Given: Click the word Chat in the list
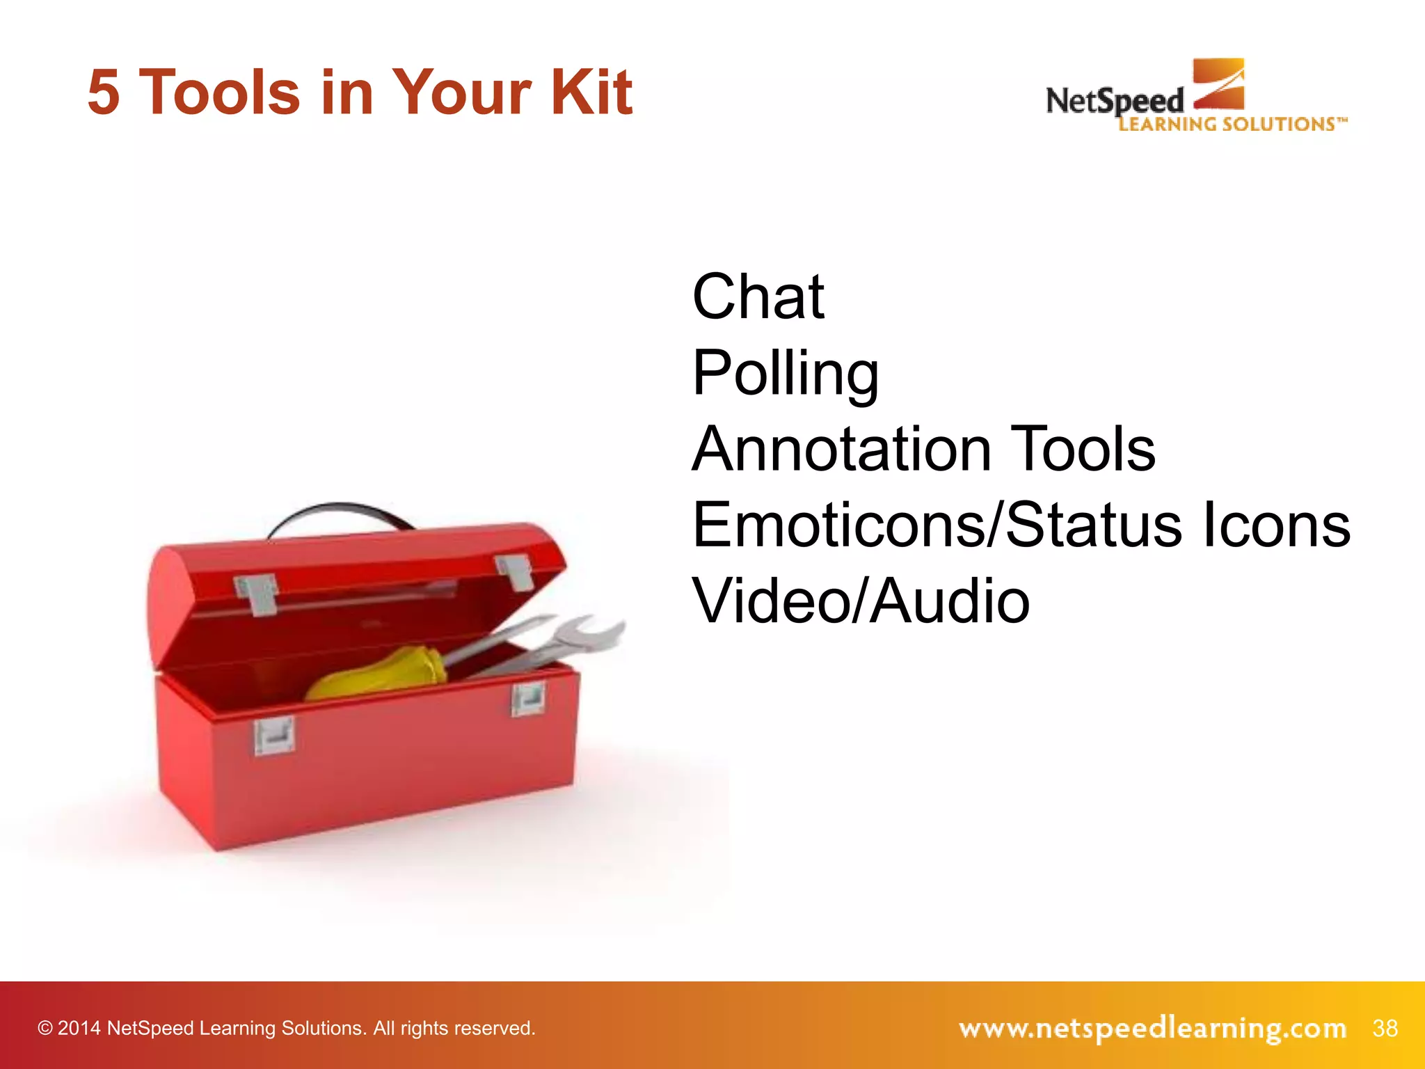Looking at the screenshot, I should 758,297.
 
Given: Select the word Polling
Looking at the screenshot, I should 786,374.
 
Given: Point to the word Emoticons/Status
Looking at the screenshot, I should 937,525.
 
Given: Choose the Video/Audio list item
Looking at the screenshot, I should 861,601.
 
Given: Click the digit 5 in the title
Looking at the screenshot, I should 104,93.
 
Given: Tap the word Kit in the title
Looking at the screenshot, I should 591,93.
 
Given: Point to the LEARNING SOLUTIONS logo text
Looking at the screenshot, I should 1232,125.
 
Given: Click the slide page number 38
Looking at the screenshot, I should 1385,1028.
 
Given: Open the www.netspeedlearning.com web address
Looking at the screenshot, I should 1152,1028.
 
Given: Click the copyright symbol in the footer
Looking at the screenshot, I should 45,1029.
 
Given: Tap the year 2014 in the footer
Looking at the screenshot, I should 79,1029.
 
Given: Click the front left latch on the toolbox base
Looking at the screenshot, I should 273,736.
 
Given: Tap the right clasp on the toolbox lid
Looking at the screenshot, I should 514,572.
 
